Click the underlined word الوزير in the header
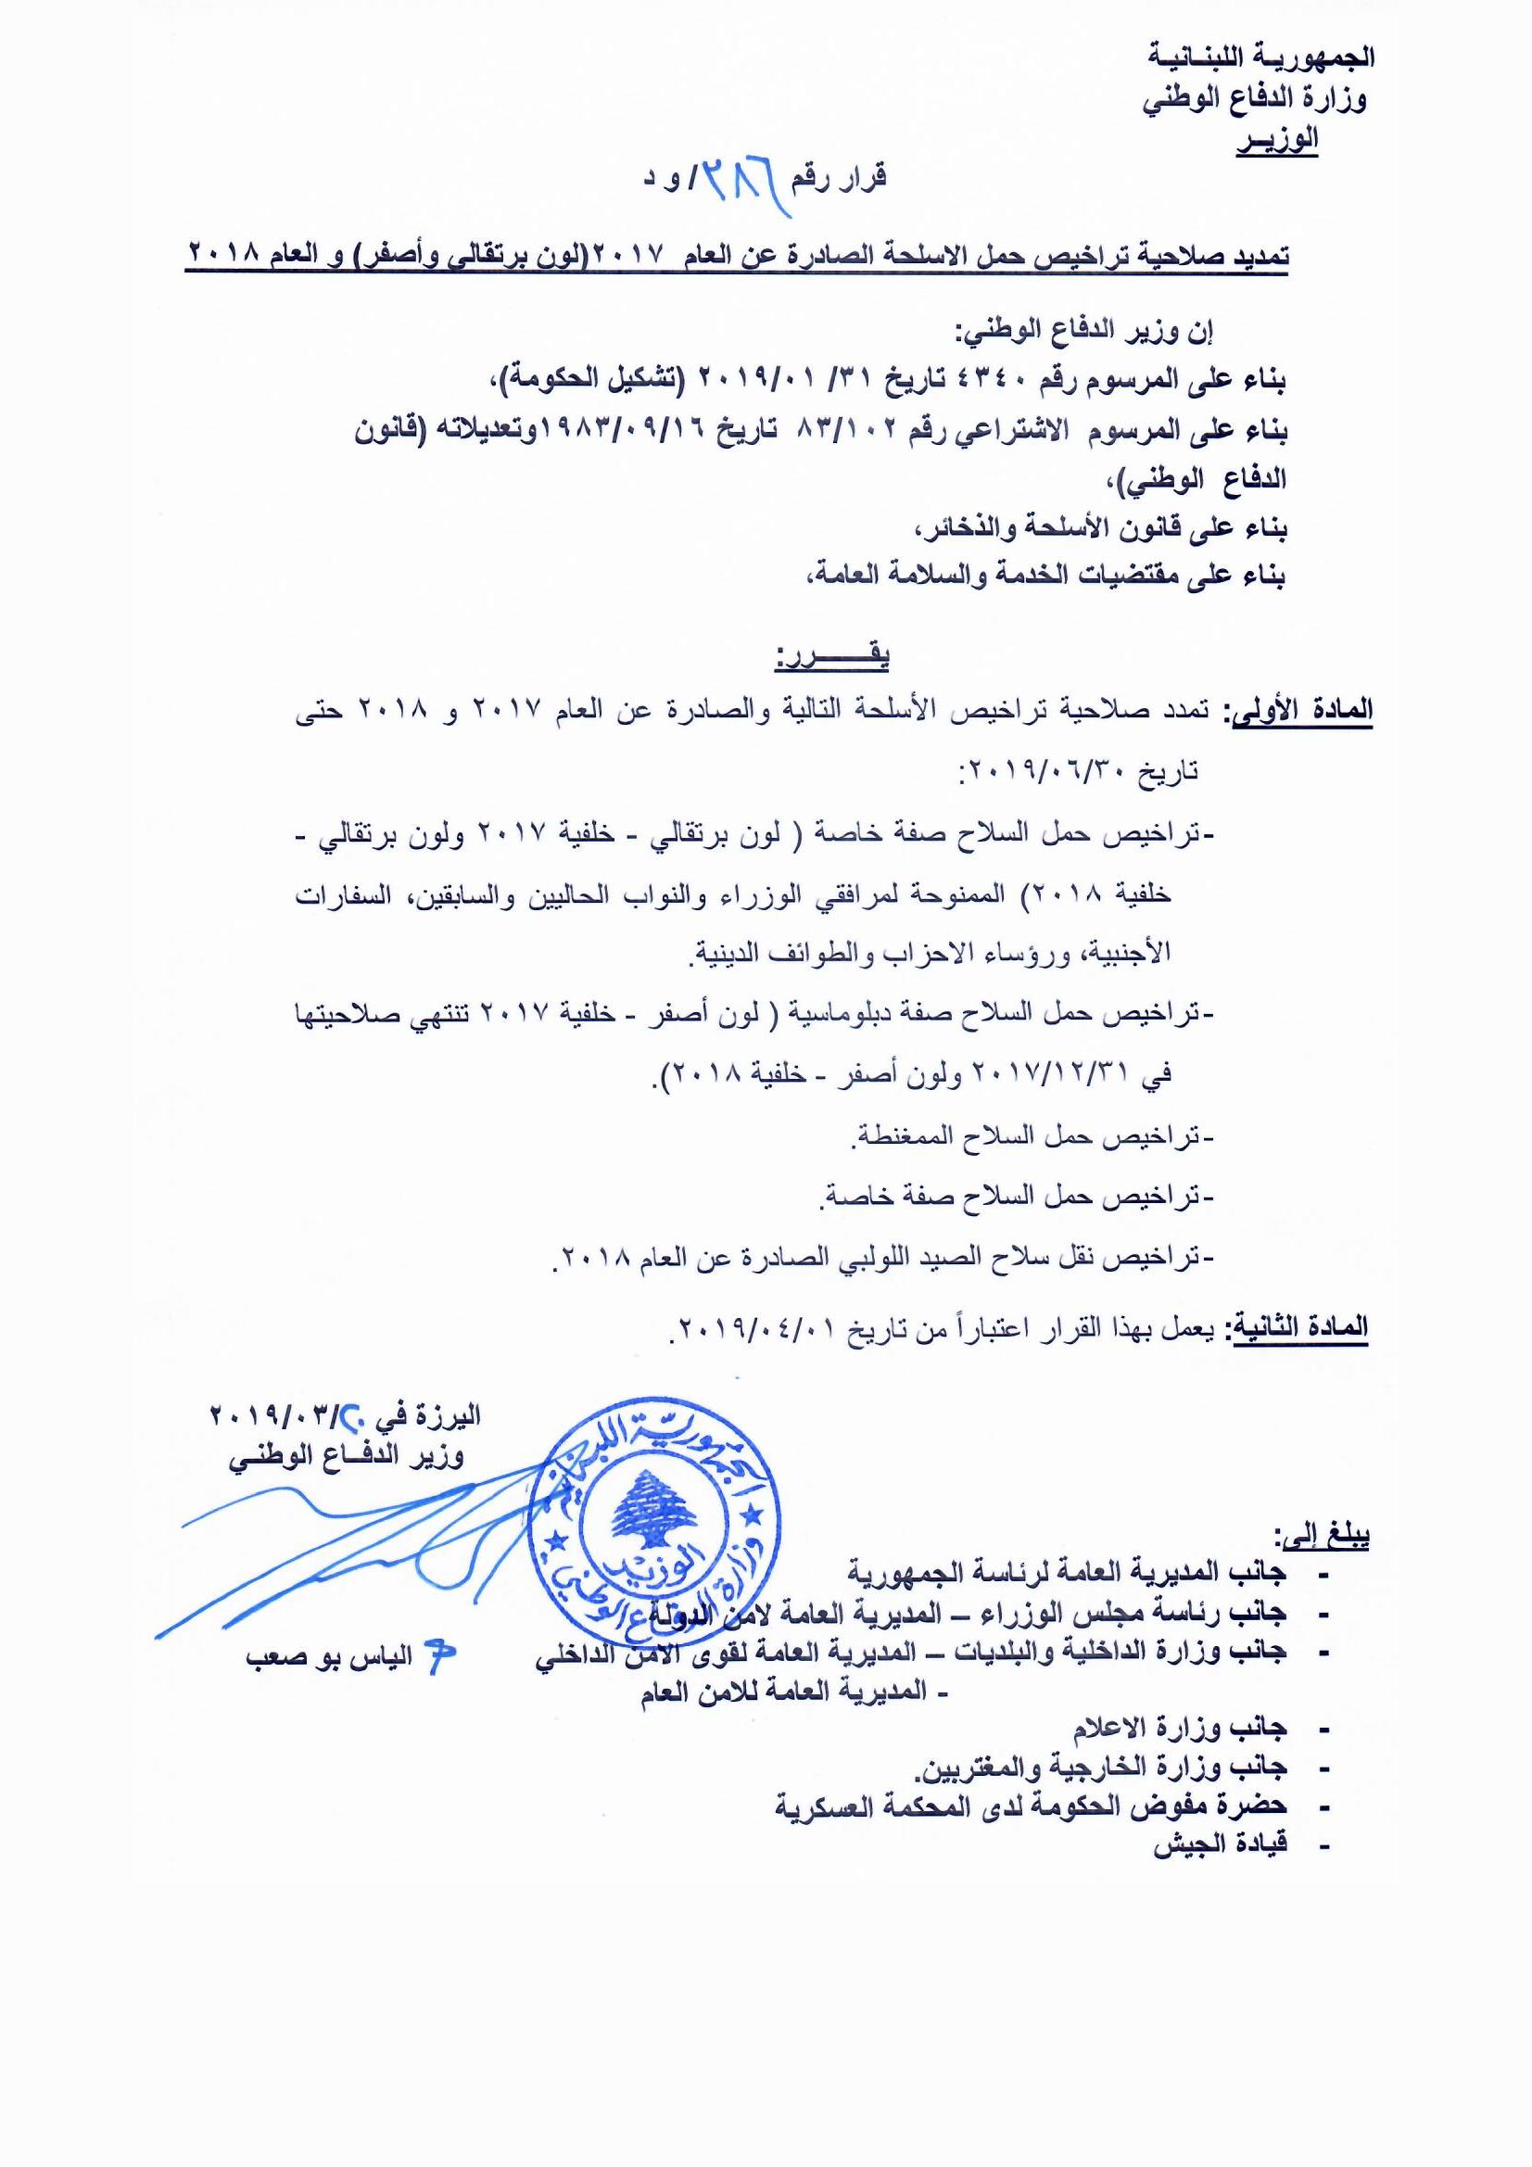coord(1277,142)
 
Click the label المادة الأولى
coord(1297,711)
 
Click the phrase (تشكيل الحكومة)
coord(593,381)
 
